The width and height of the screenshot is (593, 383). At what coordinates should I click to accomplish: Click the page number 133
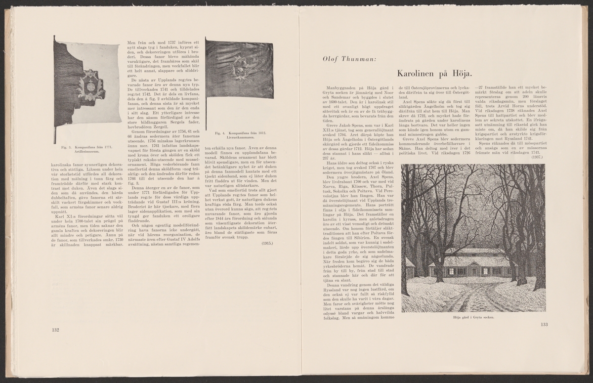[545, 325]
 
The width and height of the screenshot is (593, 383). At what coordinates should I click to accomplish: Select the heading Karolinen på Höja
[434, 74]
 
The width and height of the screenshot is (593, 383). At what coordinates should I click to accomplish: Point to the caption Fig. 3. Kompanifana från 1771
[87, 147]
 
